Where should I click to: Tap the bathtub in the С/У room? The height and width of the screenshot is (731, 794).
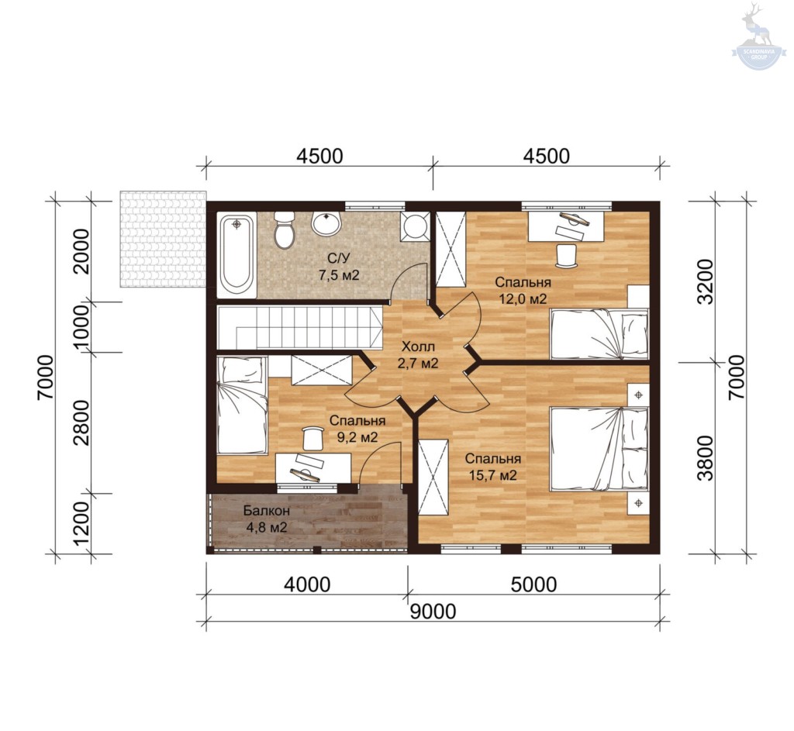pos(236,254)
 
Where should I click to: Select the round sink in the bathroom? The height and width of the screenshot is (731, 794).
pos(326,223)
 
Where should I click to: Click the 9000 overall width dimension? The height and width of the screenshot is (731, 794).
pos(433,611)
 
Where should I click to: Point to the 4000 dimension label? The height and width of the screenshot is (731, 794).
pos(307,584)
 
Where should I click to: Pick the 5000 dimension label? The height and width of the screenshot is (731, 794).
pos(533,584)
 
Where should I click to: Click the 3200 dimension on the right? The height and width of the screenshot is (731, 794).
pos(706,281)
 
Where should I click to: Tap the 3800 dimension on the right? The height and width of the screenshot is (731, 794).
pos(706,457)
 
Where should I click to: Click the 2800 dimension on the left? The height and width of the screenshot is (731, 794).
pos(82,422)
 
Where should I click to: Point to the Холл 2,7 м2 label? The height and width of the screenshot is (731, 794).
pos(418,355)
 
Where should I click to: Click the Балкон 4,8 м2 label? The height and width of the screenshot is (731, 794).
pos(267,519)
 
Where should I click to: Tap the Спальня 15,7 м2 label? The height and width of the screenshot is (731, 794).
pos(492,467)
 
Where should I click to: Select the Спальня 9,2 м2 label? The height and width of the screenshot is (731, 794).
pos(357,429)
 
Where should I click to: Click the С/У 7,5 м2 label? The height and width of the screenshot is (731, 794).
pos(339,267)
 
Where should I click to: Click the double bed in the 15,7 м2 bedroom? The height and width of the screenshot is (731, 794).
pos(599,449)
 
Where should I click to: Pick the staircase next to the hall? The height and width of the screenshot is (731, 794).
pos(299,327)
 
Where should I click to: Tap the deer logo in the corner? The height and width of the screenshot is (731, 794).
pos(759,36)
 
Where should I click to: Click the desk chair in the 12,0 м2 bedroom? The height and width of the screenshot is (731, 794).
pos(567,255)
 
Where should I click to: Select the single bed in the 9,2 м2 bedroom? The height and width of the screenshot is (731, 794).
pos(242,405)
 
